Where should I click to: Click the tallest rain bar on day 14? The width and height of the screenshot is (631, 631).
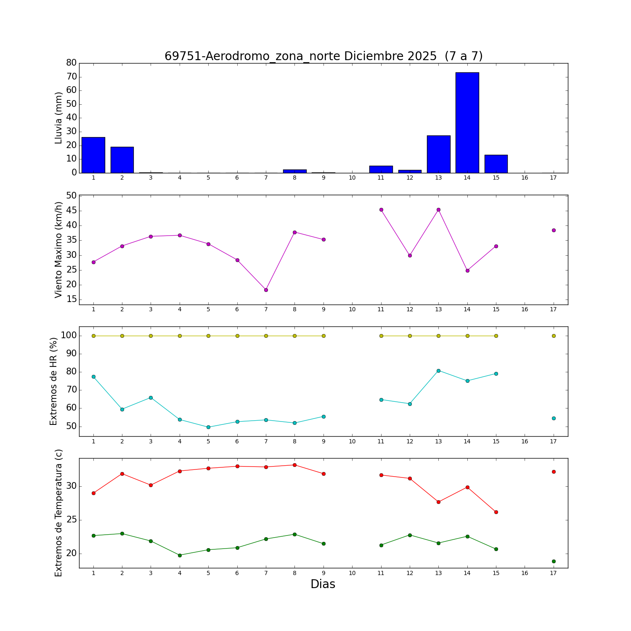(x=467, y=123)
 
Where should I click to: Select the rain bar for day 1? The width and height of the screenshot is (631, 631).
(x=93, y=155)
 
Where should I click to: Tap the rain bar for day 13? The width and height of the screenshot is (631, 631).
(x=438, y=154)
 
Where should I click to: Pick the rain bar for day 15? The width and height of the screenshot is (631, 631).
(x=496, y=164)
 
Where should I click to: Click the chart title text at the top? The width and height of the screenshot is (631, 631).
(x=323, y=56)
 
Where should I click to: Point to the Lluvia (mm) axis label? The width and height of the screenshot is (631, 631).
(x=58, y=118)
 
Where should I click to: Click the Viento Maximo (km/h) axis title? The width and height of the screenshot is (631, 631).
(x=58, y=249)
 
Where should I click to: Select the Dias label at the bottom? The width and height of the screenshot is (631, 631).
(x=323, y=584)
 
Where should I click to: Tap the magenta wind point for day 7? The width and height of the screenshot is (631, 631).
(x=266, y=290)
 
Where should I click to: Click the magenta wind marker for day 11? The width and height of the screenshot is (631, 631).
(x=381, y=209)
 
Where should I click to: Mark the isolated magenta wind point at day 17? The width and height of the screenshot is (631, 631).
(x=554, y=230)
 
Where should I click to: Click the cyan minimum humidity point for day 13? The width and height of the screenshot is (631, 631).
(x=438, y=371)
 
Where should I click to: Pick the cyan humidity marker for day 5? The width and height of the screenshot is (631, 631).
(x=208, y=427)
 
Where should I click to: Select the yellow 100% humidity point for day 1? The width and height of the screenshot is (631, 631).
(x=93, y=336)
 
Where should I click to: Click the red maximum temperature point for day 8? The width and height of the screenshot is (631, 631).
(x=294, y=465)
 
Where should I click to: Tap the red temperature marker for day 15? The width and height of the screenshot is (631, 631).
(x=496, y=512)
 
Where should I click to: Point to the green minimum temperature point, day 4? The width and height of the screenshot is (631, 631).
(x=180, y=555)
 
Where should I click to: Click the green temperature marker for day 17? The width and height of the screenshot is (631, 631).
(x=554, y=561)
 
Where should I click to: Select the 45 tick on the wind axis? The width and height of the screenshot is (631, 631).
(x=72, y=211)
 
